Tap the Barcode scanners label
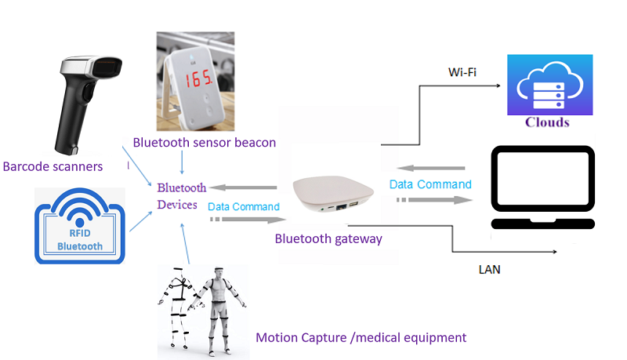tap(53, 166)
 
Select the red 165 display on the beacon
tap(195, 78)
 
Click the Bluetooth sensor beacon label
tap(205, 142)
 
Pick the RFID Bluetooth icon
tap(80, 224)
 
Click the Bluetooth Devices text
tap(182, 196)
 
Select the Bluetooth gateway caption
tap(328, 238)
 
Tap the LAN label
tap(489, 270)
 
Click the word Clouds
tap(547, 122)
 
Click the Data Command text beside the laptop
tap(430, 184)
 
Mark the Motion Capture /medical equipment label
tap(361, 337)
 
